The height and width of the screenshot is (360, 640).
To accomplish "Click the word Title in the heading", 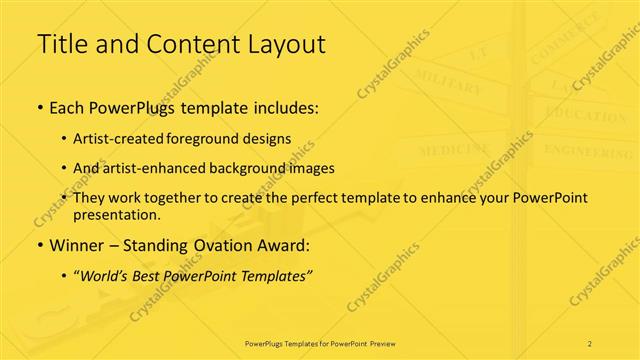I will [59, 44].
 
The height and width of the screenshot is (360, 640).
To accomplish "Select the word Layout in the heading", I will [285, 44].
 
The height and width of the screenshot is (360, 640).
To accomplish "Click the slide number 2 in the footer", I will [590, 343].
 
